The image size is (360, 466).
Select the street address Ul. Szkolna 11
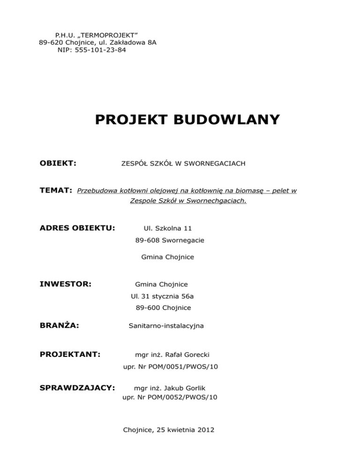coord(167,228)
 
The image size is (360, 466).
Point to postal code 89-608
coord(144,240)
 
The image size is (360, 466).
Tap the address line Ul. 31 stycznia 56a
coord(167,296)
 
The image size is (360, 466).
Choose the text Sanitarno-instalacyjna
coord(166,325)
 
